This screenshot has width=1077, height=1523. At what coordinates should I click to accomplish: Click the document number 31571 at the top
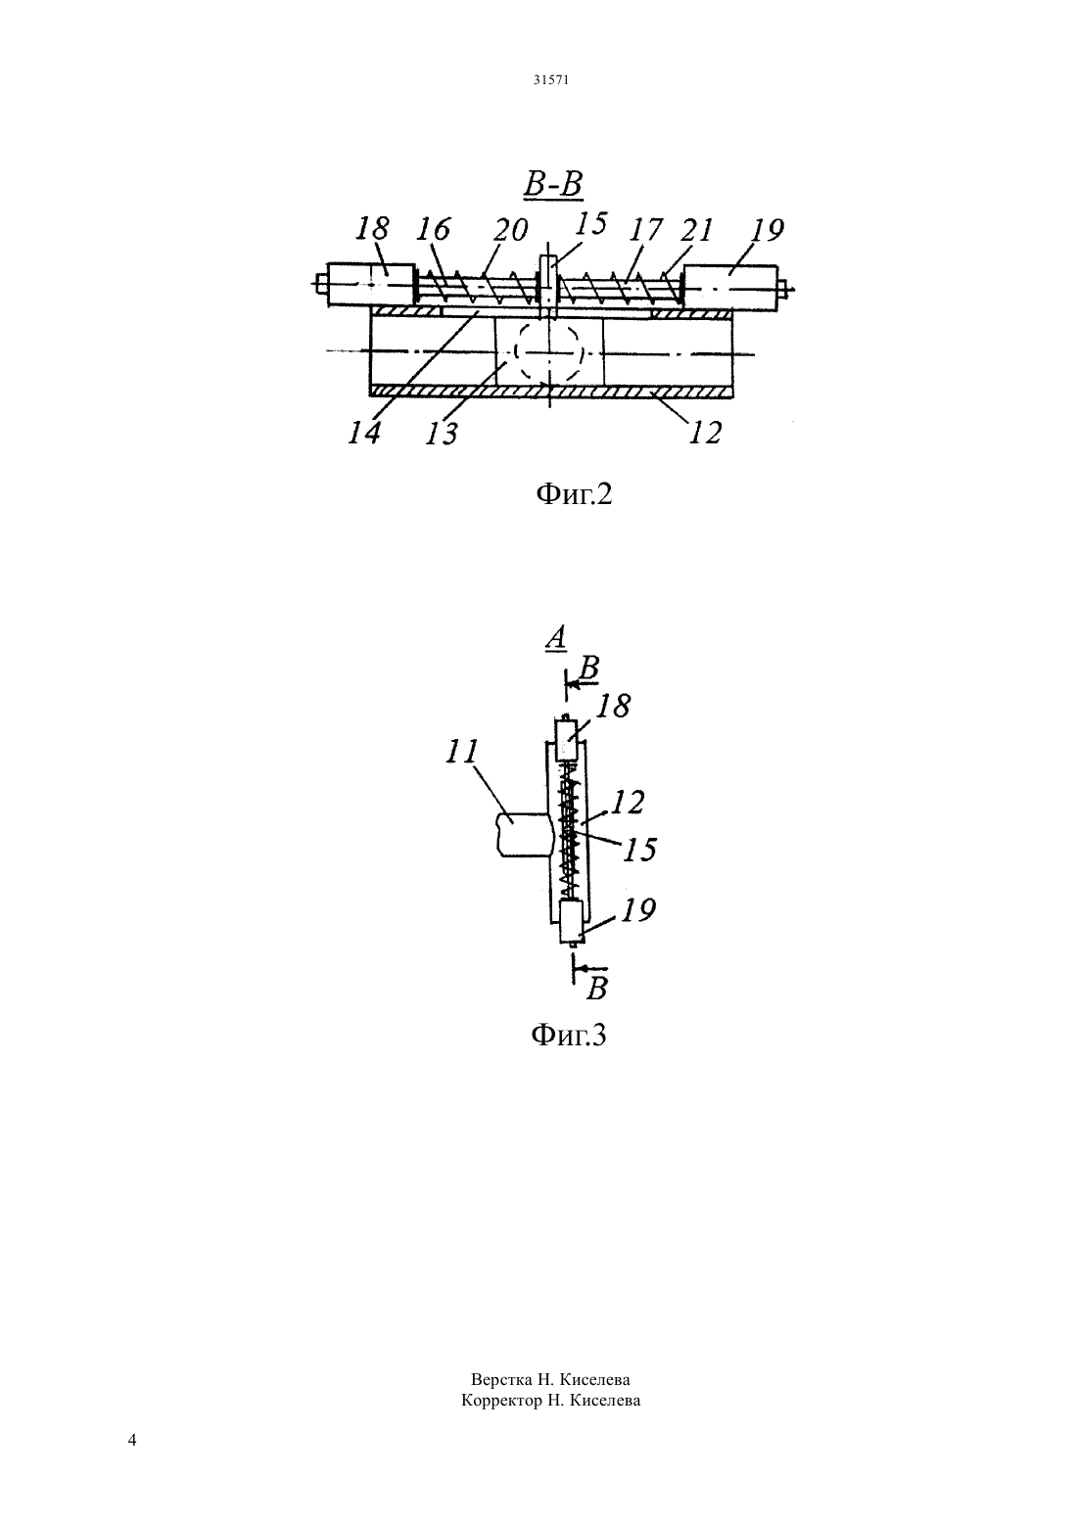[x=550, y=79]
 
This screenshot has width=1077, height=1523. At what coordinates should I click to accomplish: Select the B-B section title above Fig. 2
[x=553, y=184]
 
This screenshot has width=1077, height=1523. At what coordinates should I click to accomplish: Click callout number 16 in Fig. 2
[x=434, y=229]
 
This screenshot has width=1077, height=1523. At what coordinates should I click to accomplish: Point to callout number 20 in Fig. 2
[x=511, y=230]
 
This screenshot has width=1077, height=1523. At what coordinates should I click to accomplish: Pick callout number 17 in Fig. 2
[x=644, y=229]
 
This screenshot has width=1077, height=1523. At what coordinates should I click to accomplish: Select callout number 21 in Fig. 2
[x=694, y=229]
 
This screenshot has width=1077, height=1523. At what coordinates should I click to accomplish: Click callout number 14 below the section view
[x=364, y=432]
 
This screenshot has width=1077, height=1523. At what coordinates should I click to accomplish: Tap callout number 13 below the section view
[x=442, y=433]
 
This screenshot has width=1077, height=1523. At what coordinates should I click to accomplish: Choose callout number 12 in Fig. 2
[x=704, y=432]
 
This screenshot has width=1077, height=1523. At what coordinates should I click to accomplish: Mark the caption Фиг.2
[x=574, y=494]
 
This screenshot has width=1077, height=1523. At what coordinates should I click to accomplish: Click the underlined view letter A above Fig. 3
[x=556, y=638]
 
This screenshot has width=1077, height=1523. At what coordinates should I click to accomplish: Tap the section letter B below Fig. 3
[x=596, y=988]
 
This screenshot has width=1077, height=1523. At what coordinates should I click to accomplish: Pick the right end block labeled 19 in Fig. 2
[x=731, y=289]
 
